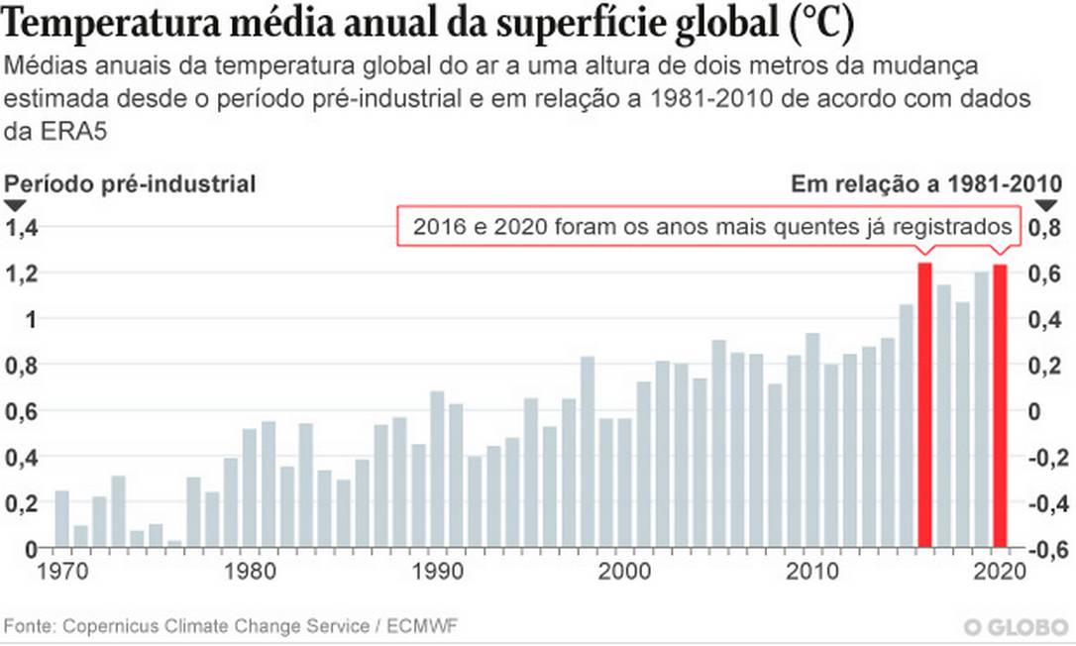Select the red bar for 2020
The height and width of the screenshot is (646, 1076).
point(1000,405)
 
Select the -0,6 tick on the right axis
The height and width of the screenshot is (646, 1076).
point(1050,550)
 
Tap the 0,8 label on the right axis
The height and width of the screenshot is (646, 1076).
point(1050,228)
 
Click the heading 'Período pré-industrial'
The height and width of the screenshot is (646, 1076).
point(131,183)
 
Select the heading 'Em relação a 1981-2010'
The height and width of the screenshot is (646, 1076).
point(927,183)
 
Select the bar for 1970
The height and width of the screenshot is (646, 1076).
point(61,519)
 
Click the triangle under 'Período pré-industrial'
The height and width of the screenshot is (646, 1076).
point(17,205)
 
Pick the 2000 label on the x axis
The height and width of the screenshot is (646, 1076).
point(624,572)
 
